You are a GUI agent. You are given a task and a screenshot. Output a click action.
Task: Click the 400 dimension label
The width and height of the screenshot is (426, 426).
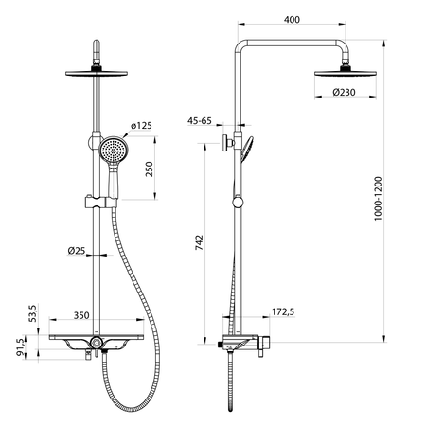292,20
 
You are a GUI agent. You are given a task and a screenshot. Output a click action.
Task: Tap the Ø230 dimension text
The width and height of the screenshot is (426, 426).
344,93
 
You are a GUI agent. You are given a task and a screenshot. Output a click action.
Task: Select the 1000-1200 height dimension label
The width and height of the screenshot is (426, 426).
378,199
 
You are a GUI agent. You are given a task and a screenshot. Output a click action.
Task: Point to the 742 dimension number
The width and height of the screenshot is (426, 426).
200,242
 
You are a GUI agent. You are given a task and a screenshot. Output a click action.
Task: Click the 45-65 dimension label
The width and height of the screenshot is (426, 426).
200,121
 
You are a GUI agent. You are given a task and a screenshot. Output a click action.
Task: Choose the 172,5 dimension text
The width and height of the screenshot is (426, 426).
283,311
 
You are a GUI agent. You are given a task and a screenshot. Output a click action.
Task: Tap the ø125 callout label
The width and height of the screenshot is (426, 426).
141,126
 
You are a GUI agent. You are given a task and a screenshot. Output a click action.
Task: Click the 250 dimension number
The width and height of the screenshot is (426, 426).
149,169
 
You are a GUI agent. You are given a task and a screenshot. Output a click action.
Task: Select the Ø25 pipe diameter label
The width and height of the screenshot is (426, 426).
77,251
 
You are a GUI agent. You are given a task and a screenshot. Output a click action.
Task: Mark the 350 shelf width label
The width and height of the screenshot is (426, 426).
81,315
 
